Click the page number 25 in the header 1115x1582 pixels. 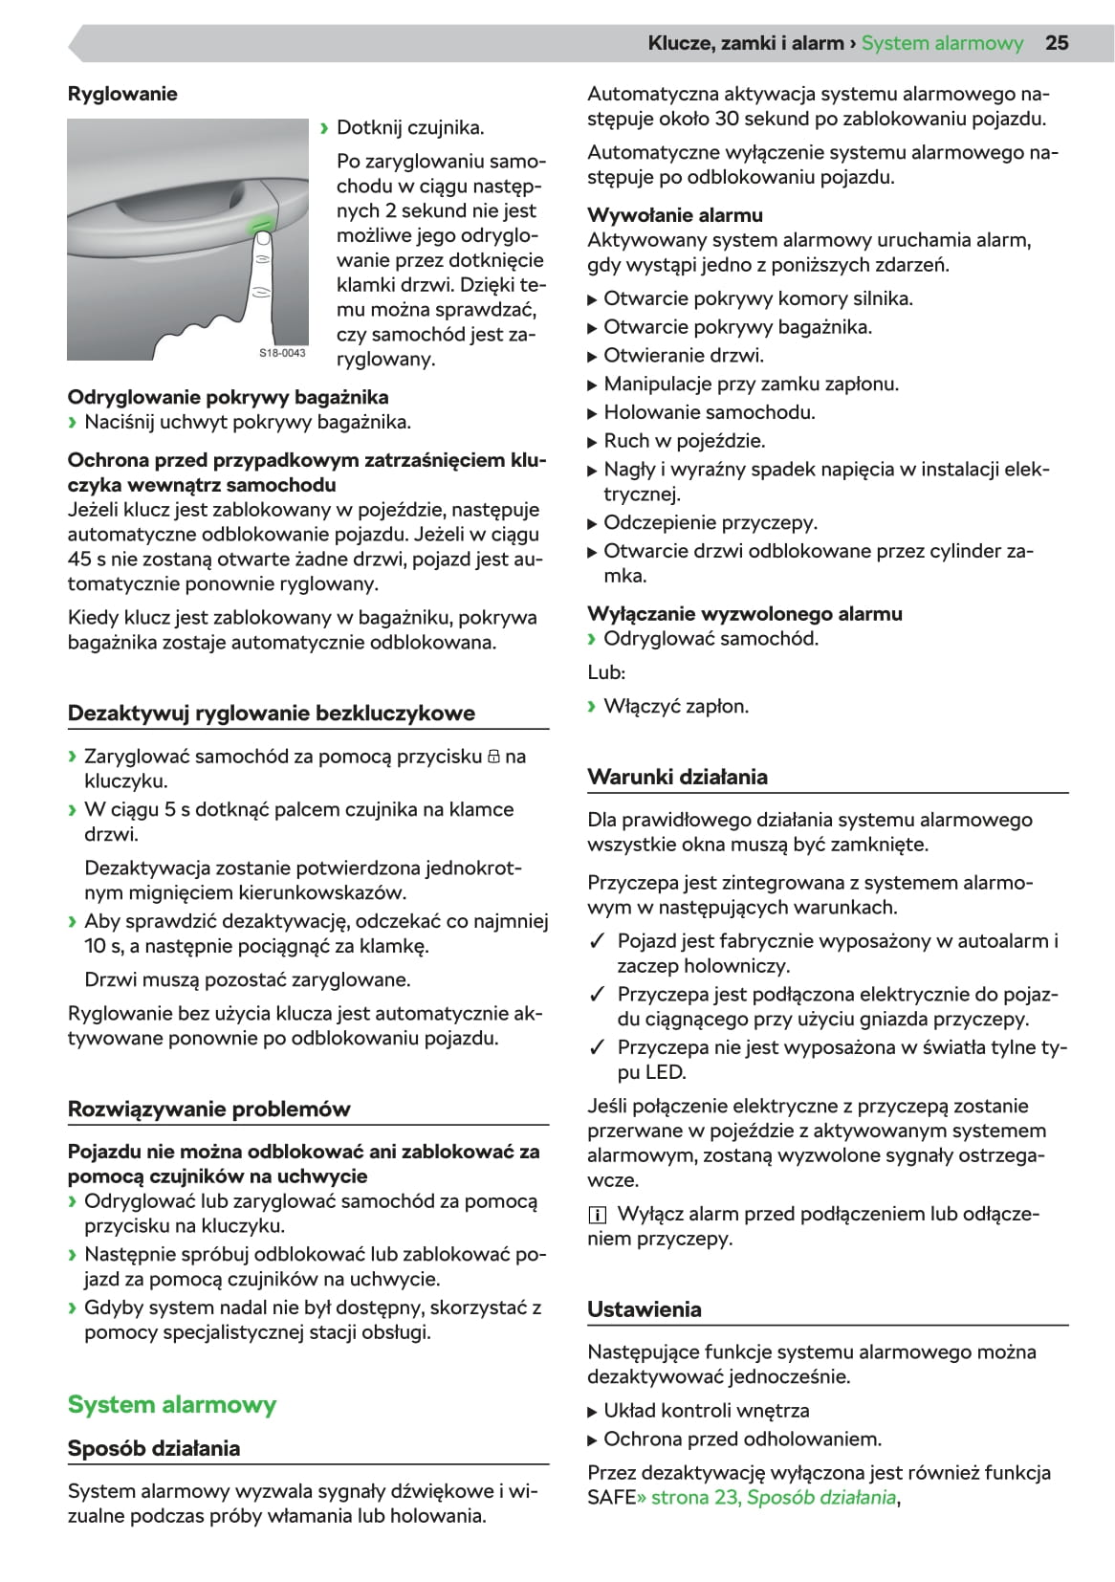(1057, 43)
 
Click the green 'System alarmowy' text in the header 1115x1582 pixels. (942, 43)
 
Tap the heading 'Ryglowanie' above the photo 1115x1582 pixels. (122, 94)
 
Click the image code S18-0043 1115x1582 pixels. (282, 353)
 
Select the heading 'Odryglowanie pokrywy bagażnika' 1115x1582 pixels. (228, 397)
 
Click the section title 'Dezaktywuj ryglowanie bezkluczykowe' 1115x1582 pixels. (272, 713)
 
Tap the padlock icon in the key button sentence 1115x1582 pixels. (493, 757)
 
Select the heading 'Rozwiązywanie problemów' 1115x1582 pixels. (208, 1109)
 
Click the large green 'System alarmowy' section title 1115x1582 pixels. (172, 1404)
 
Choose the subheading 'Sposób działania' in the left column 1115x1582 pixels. (154, 1448)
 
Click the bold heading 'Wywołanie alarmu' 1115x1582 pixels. (675, 215)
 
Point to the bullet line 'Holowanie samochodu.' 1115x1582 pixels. (710, 412)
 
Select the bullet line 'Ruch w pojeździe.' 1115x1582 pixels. (685, 441)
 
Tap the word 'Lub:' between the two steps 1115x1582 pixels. (606, 672)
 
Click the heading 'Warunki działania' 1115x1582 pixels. (677, 777)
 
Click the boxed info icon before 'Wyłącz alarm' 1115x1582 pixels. (598, 1215)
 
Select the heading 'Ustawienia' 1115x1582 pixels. (645, 1309)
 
